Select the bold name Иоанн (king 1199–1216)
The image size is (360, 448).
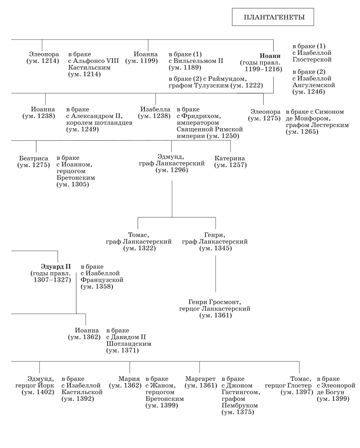pos(268,56)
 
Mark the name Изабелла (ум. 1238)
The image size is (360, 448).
pos(155,109)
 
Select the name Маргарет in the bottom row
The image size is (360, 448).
pos(200,379)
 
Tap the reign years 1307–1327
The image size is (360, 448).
pos(52,280)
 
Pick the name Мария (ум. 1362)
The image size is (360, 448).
pos(129,379)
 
